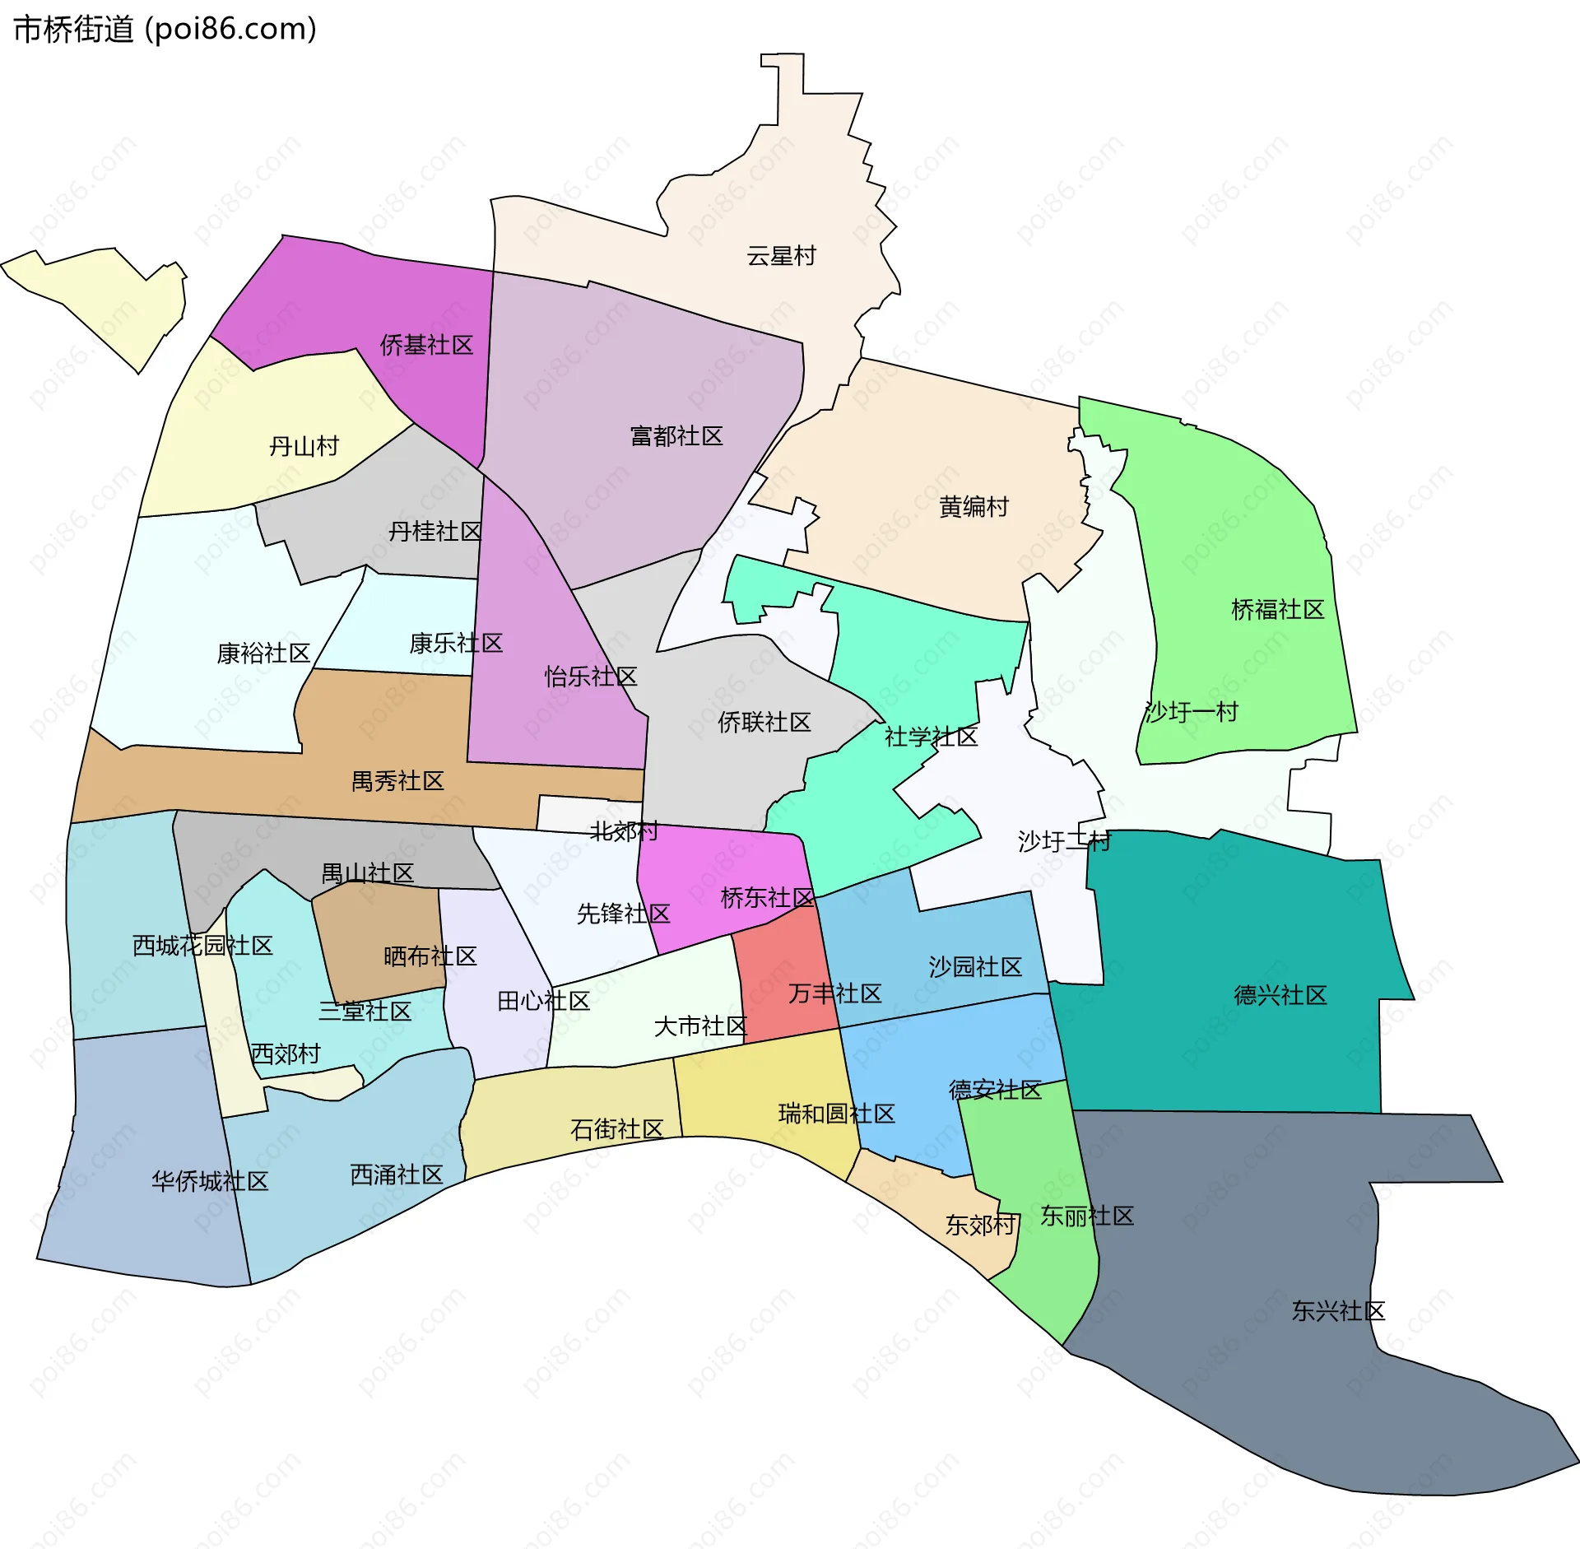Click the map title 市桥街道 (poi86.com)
pos(165,30)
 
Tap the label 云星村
pos(781,256)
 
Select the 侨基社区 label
pos(426,345)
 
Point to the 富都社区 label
pos(676,436)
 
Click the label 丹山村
pos(304,446)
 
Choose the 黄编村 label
pos(974,507)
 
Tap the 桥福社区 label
pos(1277,610)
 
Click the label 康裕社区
pos(263,654)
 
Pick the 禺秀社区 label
pos(397,781)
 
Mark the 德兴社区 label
pos(1280,996)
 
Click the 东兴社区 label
pos(1338,1311)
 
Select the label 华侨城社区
pos(210,1182)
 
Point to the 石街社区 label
pos(616,1129)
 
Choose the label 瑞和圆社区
pos(836,1114)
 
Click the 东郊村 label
pos(980,1226)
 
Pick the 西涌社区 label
pos(397,1175)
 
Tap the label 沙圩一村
pos(1191,712)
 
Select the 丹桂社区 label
pos(434,532)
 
